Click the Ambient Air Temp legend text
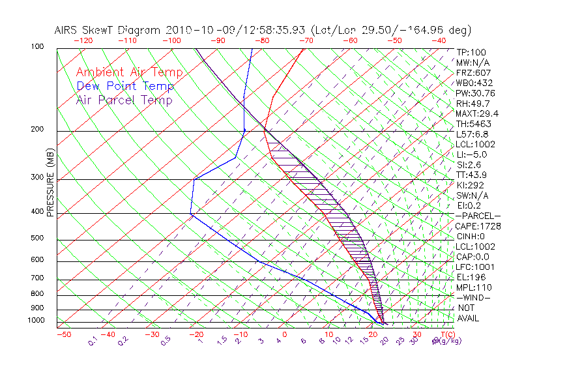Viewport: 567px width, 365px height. (129, 72)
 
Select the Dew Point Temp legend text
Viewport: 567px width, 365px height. (125, 86)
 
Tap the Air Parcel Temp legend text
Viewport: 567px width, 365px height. (124, 100)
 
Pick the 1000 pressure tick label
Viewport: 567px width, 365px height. (37, 321)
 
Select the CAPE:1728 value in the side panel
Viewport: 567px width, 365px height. (473, 226)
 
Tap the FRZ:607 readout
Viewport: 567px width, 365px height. (473, 73)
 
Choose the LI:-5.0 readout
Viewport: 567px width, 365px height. (472, 154)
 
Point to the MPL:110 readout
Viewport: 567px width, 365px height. (473, 287)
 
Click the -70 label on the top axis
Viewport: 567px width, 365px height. (306, 40)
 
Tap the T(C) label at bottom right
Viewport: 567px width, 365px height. (444, 335)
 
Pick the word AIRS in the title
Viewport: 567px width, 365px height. (67, 30)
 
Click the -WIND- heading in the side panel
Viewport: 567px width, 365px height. (474, 297)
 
